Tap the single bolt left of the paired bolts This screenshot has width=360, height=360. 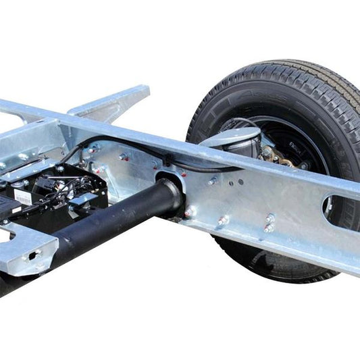click(223, 220)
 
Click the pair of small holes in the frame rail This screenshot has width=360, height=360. click(236, 182)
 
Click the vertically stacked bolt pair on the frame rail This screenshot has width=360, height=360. click(269, 223)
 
